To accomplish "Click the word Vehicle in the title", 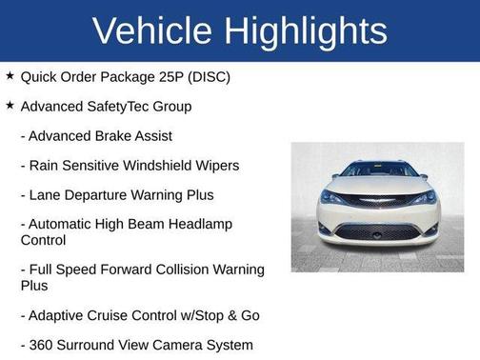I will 152,30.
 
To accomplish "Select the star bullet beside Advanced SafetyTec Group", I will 10,106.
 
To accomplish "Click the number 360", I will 42,344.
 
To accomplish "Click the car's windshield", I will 378,170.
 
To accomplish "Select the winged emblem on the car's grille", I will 378,201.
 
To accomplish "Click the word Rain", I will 46,166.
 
